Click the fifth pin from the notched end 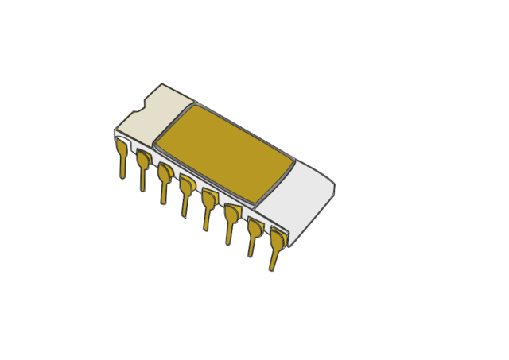coord(208,206)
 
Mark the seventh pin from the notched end coord(254,234)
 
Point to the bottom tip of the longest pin coord(272,269)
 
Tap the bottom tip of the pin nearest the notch coord(122,176)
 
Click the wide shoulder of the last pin coord(278,238)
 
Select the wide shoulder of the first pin coord(122,147)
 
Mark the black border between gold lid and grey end coord(274,184)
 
